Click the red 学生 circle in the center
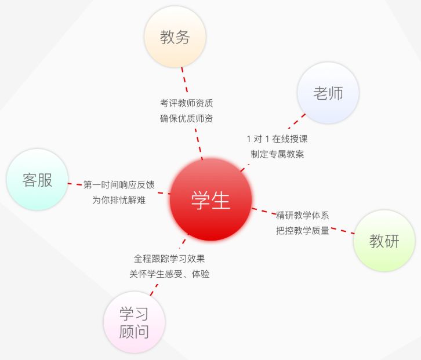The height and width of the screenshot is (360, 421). pyautogui.click(x=210, y=200)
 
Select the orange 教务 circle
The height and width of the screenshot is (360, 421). pyautogui.click(x=175, y=37)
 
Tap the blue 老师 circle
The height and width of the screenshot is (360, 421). pyautogui.click(x=328, y=93)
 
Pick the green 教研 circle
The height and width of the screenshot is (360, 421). pyautogui.click(x=384, y=241)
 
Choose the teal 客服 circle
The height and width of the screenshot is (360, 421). pyautogui.click(x=37, y=180)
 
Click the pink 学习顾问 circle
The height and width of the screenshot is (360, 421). pyautogui.click(x=134, y=322)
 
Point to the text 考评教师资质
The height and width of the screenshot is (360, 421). pyautogui.click(x=187, y=103)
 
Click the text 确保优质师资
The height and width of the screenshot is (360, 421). pyautogui.click(x=187, y=118)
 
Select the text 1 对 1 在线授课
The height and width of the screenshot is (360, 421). pyautogui.click(x=277, y=139)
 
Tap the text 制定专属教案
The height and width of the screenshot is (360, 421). pyautogui.click(x=277, y=154)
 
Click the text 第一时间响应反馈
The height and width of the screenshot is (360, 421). pyautogui.click(x=119, y=185)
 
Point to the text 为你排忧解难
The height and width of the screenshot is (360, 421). pyautogui.click(x=119, y=200)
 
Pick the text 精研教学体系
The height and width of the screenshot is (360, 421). pyautogui.click(x=303, y=215)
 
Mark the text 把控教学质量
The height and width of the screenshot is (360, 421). pyautogui.click(x=303, y=230)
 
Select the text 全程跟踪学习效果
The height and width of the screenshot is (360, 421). pyautogui.click(x=169, y=259)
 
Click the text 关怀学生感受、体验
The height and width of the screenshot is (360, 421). pyautogui.click(x=169, y=274)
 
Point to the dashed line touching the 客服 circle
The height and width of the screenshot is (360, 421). pyautogui.click(x=74, y=184)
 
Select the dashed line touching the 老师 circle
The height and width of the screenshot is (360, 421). pyautogui.click(x=297, y=121)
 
